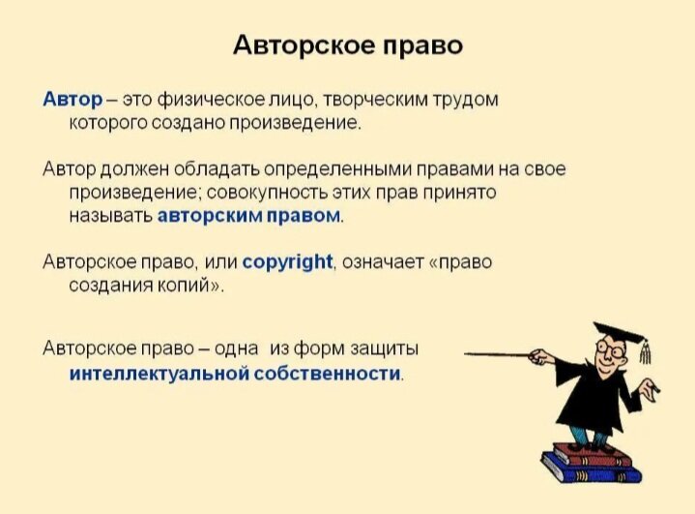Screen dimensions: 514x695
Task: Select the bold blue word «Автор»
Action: point(71,99)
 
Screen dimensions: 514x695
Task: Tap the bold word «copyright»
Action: point(287,261)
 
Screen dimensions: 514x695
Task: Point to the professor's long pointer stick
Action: point(503,356)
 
